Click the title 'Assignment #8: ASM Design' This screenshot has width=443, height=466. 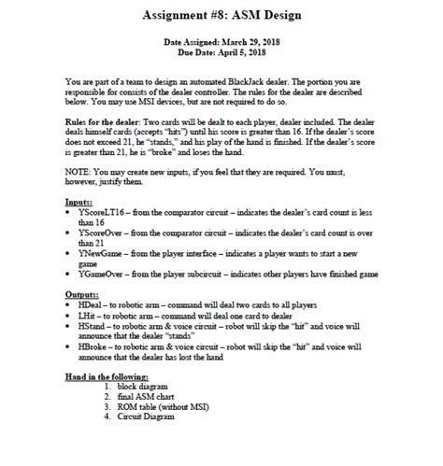click(222, 16)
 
